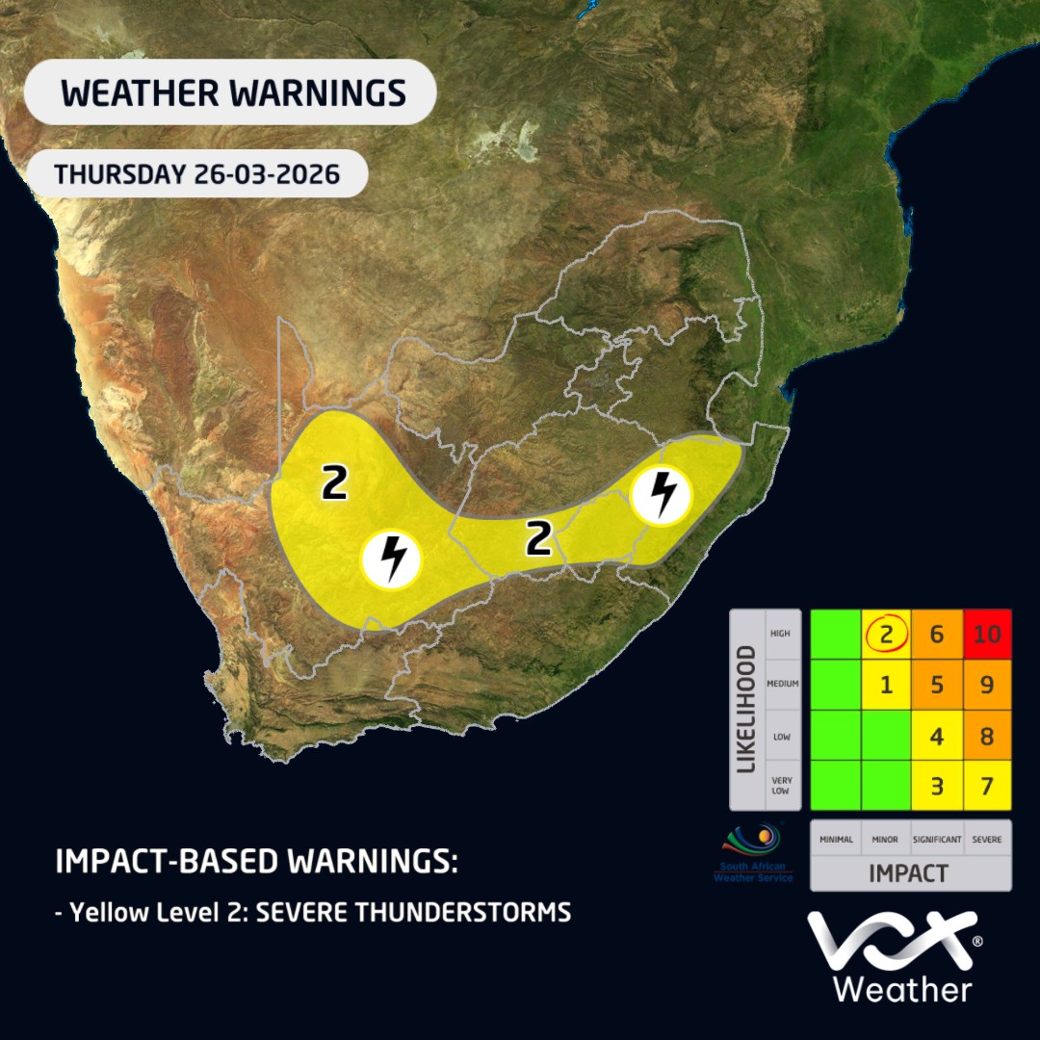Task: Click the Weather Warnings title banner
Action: coord(231,92)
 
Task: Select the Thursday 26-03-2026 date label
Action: coord(197,174)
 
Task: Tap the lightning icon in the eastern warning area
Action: coord(662,495)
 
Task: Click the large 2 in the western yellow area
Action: coord(333,482)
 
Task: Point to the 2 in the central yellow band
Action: coord(537,539)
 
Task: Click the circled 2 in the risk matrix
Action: coord(886,636)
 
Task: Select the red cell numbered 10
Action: coord(986,636)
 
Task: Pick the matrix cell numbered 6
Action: coord(936,636)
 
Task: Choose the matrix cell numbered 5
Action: coord(936,686)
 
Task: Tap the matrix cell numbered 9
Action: coord(986,686)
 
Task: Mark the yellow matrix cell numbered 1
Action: coord(886,686)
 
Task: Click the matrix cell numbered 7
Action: coord(986,786)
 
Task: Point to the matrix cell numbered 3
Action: coord(936,786)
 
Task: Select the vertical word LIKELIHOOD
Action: coord(745,710)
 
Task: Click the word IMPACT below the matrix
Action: coord(909,873)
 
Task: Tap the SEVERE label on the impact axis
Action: coord(986,840)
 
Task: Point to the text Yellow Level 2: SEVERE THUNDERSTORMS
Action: coord(313,911)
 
